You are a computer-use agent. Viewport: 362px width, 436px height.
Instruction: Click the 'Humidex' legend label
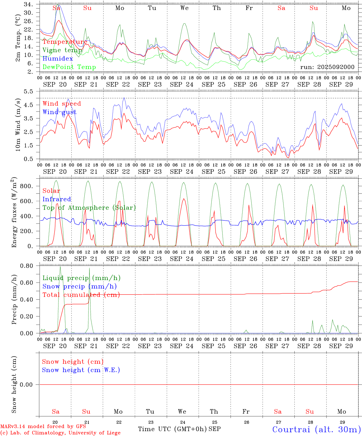58,59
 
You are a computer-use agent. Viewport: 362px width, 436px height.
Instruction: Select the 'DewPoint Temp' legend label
69,67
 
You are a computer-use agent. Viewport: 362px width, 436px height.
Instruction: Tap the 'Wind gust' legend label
59,112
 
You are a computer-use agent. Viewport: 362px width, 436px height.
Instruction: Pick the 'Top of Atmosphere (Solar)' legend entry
89,208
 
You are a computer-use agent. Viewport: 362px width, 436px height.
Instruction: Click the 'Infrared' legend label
57,199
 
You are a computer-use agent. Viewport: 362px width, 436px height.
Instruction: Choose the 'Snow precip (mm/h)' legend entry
79,286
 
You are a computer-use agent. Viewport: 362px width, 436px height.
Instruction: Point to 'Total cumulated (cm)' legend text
81,295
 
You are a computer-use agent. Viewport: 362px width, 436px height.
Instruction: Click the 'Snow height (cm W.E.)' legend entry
81,370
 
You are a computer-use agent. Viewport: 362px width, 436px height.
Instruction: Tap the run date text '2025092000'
338,67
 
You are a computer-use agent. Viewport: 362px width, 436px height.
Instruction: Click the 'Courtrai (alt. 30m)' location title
316,429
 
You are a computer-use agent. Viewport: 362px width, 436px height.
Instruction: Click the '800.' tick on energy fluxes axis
26,186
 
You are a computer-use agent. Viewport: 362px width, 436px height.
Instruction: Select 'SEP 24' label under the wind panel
182,172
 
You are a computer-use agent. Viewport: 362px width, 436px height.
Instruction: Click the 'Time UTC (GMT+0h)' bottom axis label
173,429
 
